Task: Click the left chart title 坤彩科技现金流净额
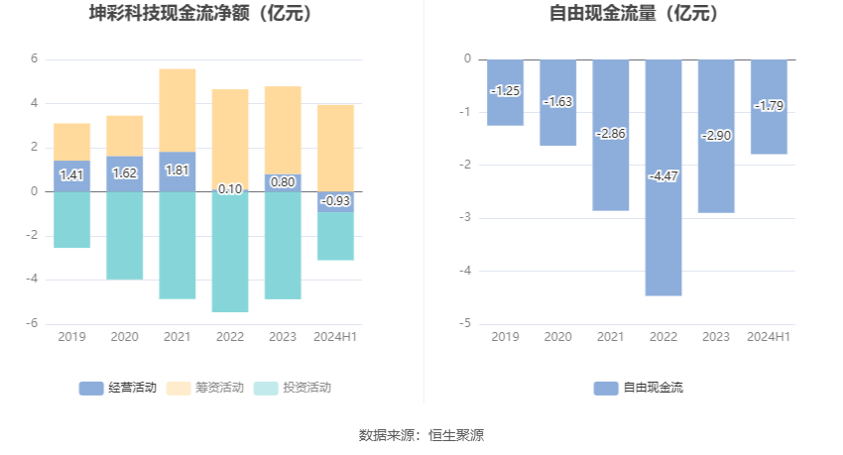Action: [200, 14]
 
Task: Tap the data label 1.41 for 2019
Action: [71, 175]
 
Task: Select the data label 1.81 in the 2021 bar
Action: [177, 171]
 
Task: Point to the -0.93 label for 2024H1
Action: [335, 201]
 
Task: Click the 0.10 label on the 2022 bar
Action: [229, 189]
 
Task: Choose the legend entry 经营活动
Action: [117, 388]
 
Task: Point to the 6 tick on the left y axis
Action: [34, 59]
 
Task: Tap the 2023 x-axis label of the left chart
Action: [283, 337]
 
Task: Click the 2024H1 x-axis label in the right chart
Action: [769, 337]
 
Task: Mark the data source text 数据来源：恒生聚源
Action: [421, 435]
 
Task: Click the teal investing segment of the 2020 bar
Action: [124, 236]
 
